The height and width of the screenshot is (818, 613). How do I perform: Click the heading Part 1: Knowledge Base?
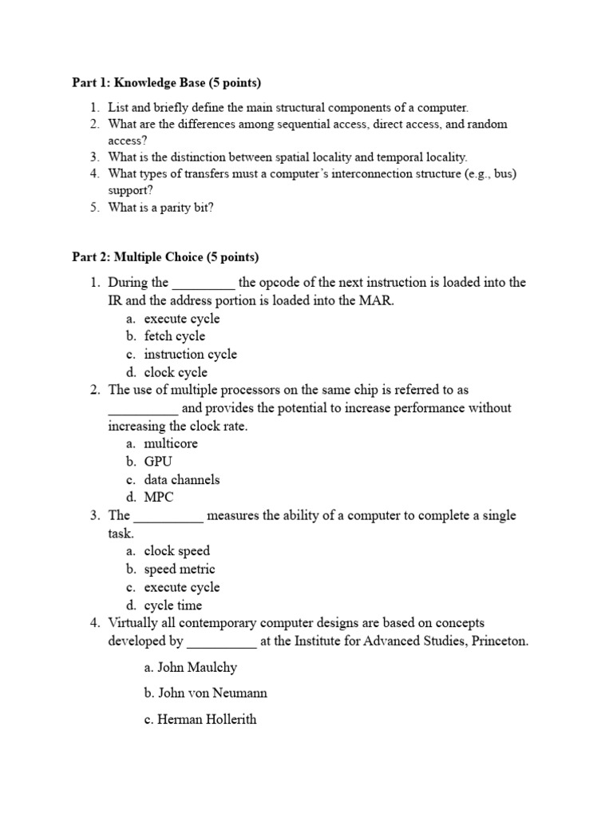pos(166,83)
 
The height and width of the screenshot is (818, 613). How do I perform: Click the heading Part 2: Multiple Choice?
pos(165,257)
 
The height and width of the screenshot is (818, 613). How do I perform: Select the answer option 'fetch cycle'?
pos(174,336)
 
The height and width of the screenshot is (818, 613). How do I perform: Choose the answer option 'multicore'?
pos(171,443)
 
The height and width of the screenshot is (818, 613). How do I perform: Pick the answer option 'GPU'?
pos(158,462)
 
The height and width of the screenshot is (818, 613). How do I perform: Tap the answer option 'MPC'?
pos(159,498)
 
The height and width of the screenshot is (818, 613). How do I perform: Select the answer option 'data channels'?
pos(182,479)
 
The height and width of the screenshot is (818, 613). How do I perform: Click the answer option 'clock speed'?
pos(176,551)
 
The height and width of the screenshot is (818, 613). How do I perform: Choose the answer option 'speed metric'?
pos(180,570)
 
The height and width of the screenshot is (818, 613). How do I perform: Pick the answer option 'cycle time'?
pos(173,606)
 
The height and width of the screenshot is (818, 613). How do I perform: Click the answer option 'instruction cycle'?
pos(190,354)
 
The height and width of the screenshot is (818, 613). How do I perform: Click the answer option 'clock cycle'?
pos(176,372)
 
